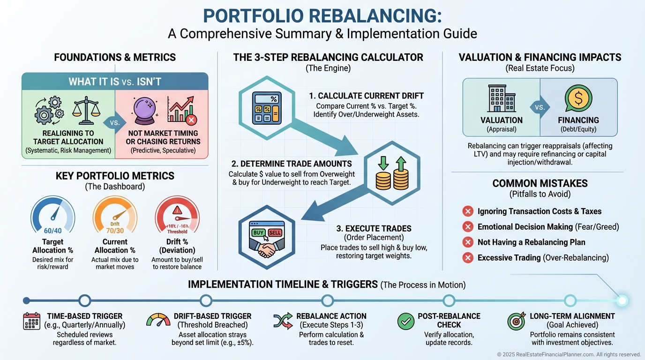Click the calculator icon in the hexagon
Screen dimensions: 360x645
(267, 108)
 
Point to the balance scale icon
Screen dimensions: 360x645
(86, 109)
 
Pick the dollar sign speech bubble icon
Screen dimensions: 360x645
(578, 98)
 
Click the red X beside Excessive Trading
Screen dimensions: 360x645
(467, 257)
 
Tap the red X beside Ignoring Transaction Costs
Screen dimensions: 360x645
(467, 211)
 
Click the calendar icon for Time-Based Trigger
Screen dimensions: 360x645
(32, 321)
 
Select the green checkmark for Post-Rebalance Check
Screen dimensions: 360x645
(405, 321)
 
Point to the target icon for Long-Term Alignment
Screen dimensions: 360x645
(516, 321)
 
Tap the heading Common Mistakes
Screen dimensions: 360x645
(540, 184)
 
